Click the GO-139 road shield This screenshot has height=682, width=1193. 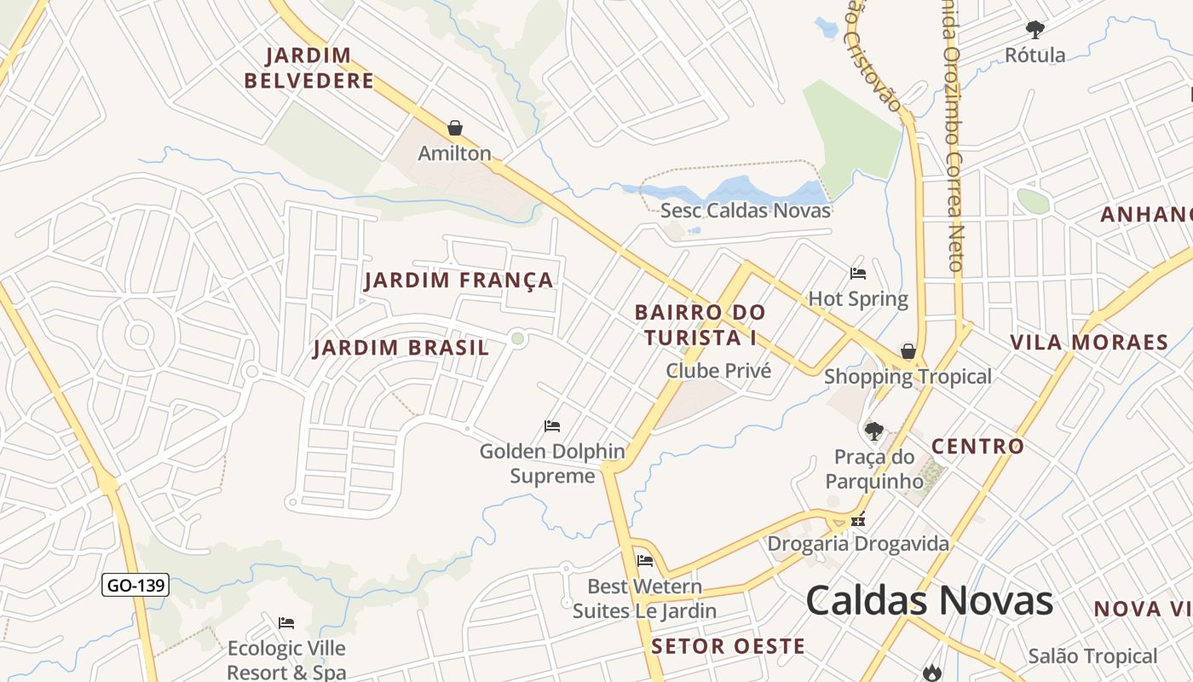[135, 586]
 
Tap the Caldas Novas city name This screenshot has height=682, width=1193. [929, 601]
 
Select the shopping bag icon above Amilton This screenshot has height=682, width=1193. [455, 129]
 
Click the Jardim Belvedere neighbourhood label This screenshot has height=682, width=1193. [308, 68]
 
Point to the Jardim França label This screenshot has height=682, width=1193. [458, 280]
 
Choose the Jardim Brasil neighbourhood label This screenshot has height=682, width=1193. [401, 348]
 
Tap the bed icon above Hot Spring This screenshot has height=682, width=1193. [858, 274]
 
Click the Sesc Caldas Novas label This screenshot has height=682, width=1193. [745, 210]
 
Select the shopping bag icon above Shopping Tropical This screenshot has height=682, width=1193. [908, 351]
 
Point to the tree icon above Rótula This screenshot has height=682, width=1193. [1035, 30]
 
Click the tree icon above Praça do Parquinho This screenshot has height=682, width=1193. [873, 431]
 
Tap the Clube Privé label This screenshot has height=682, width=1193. [718, 371]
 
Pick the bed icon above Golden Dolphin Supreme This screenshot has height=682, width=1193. [552, 425]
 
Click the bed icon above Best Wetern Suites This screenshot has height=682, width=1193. [645, 561]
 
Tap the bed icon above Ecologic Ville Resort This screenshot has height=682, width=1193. [286, 623]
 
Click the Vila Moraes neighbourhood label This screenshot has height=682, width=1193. [1088, 343]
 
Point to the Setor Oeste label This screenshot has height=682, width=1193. [728, 646]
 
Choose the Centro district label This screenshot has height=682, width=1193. [977, 446]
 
